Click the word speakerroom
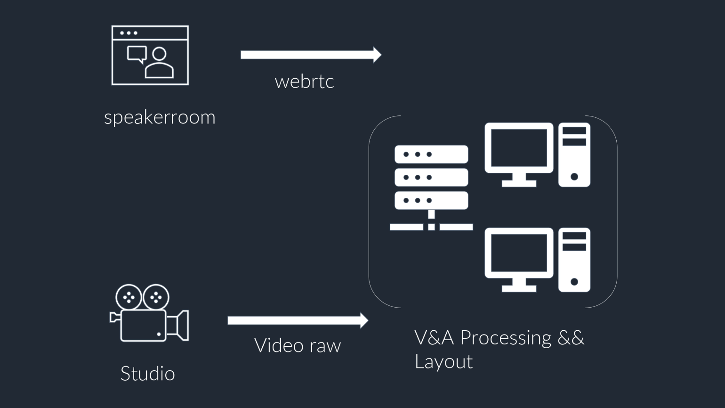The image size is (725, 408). click(x=160, y=117)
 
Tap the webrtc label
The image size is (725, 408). click(x=304, y=82)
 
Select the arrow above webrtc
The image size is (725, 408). click(x=310, y=55)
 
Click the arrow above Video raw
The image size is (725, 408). click(x=297, y=320)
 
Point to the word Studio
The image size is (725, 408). click(x=147, y=374)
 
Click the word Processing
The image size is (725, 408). click(x=505, y=338)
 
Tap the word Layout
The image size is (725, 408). click(x=443, y=362)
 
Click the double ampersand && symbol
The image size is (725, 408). click(x=571, y=337)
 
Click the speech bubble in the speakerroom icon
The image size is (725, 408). click(x=137, y=55)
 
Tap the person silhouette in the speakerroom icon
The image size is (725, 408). click(x=159, y=63)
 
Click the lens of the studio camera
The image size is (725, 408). click(x=179, y=325)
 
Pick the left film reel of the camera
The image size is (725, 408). click(x=129, y=297)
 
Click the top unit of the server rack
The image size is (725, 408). click(x=431, y=154)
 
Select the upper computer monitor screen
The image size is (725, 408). click(x=519, y=148)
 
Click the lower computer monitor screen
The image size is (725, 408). click(x=519, y=253)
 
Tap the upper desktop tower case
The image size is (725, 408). click(x=574, y=155)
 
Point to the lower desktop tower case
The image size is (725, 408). click(x=574, y=260)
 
